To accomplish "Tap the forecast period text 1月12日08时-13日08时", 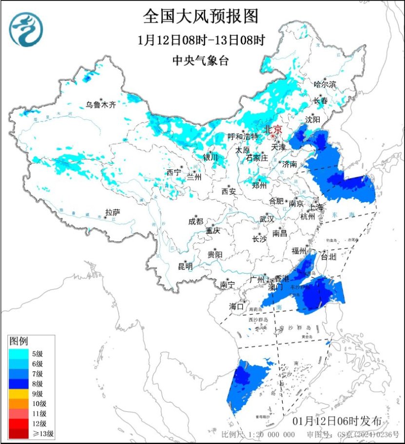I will click(201, 40).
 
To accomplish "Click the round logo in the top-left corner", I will click(27, 29).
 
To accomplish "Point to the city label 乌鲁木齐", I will click(101, 104).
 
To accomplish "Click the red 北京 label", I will click(272, 130).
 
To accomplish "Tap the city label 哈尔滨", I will click(325, 84).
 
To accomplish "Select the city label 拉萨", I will click(113, 212).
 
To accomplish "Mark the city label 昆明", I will click(185, 266).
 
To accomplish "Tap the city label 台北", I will click(330, 256).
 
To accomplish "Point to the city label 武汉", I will click(267, 219).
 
